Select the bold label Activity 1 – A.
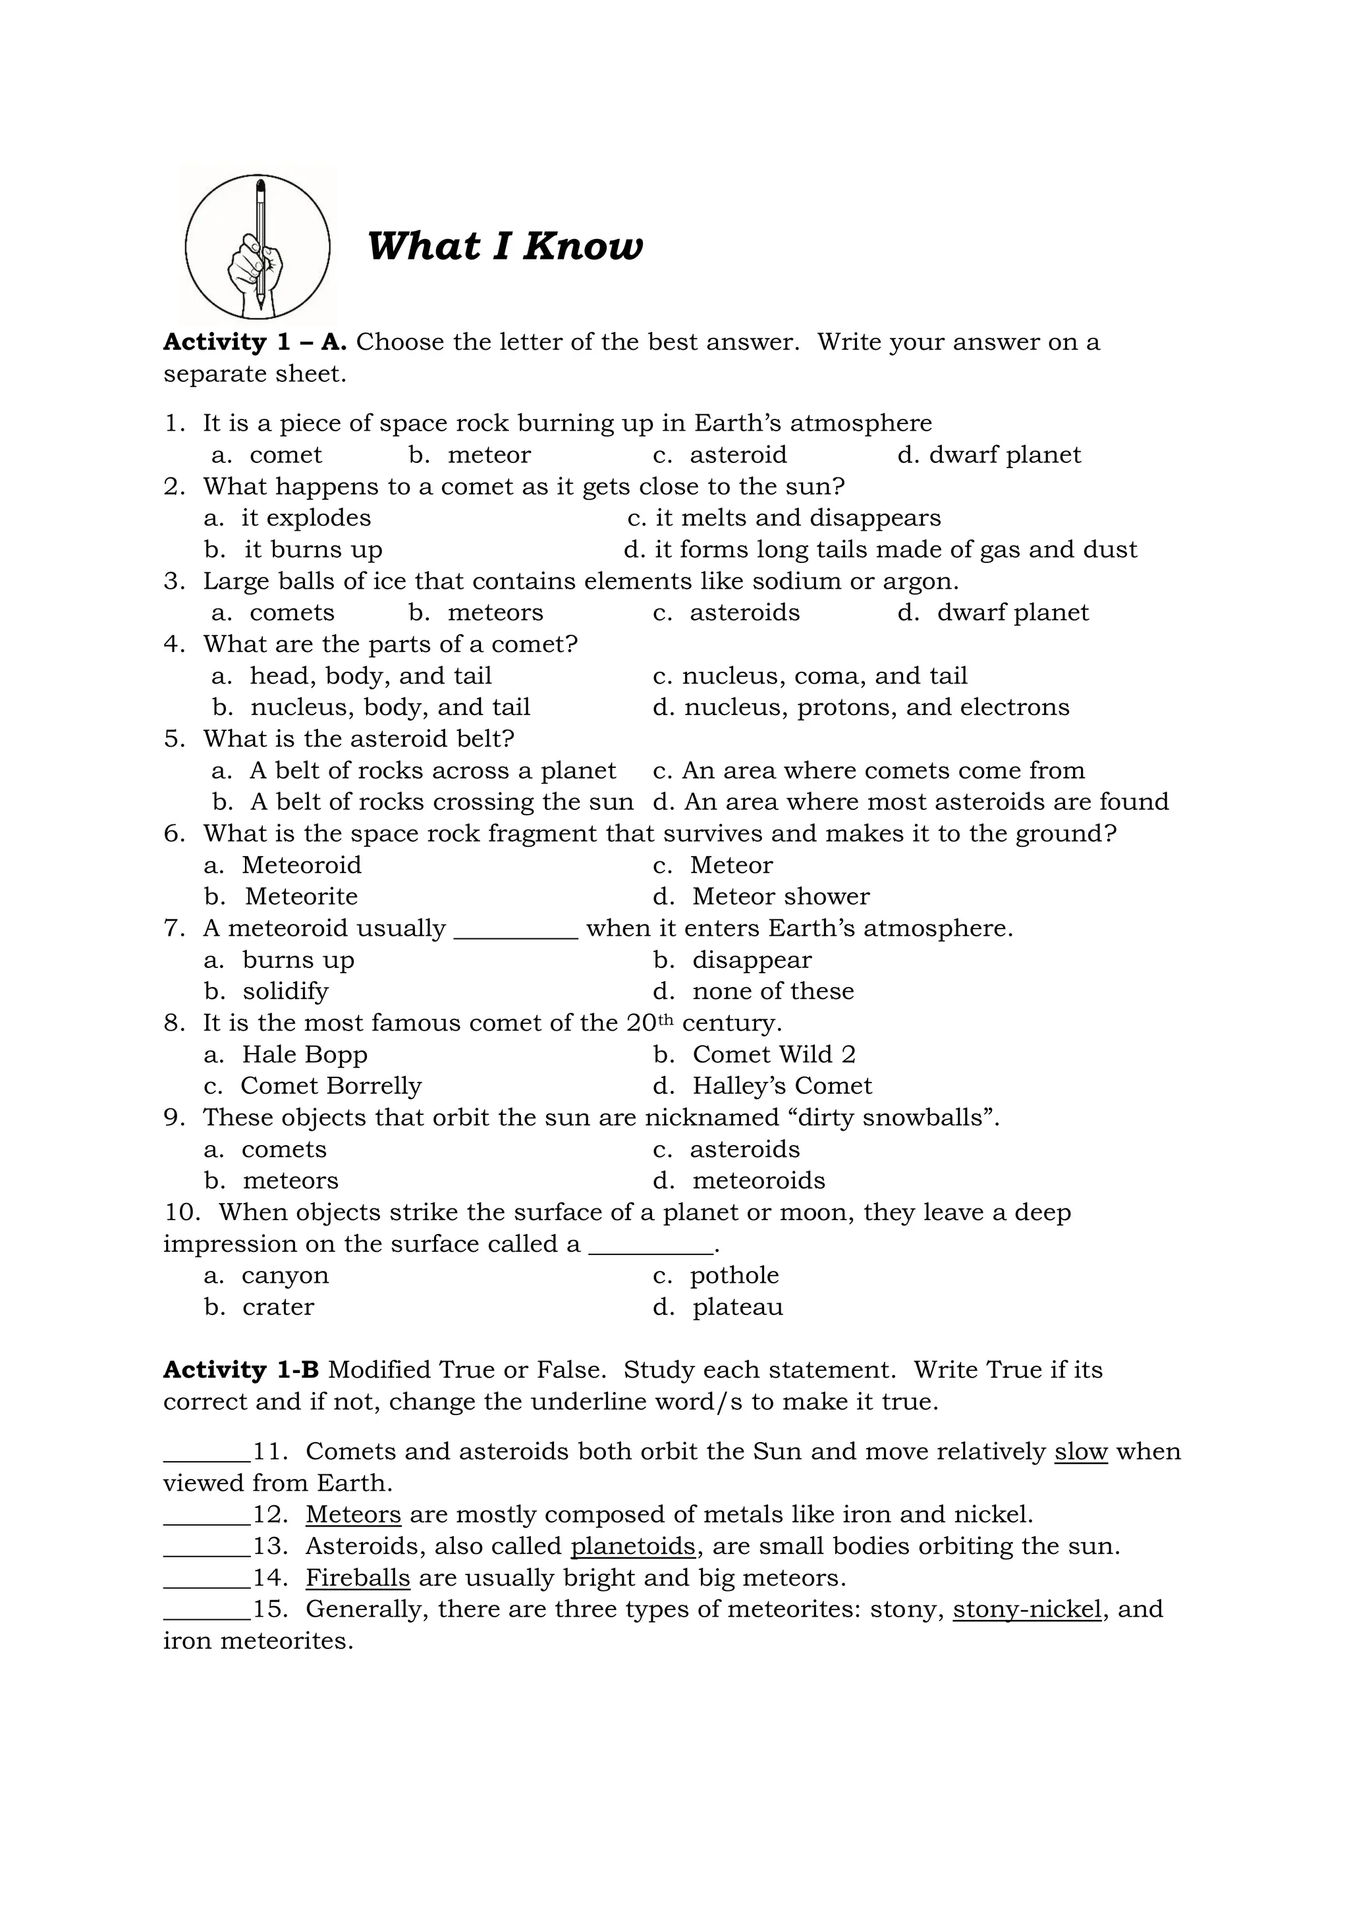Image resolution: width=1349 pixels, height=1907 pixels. tap(254, 342)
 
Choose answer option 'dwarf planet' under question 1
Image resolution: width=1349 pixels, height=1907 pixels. tap(1005, 455)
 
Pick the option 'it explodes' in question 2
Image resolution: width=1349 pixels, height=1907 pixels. tap(306, 518)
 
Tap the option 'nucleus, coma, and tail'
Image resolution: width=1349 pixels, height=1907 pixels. tap(824, 676)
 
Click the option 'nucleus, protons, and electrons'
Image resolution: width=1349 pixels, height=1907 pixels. tap(876, 708)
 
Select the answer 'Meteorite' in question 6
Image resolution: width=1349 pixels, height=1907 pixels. tap(301, 897)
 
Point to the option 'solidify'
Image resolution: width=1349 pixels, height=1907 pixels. tap(285, 992)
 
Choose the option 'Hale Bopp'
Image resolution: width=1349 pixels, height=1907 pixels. tap(304, 1055)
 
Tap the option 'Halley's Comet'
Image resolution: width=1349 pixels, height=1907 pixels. tap(782, 1087)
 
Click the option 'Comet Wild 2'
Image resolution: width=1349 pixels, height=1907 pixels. tap(773, 1055)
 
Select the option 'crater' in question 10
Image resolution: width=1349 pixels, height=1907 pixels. tap(277, 1307)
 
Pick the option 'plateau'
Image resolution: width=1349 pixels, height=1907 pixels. tap(738, 1307)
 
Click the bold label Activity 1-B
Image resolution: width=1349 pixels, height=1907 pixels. tap(241, 1370)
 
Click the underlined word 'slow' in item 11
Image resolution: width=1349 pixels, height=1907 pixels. tap(1081, 1452)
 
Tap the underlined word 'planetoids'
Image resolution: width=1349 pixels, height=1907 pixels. tap(633, 1547)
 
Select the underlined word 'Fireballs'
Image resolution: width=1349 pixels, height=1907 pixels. tap(358, 1578)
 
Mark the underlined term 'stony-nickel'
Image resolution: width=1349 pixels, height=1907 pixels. tap(1027, 1609)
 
